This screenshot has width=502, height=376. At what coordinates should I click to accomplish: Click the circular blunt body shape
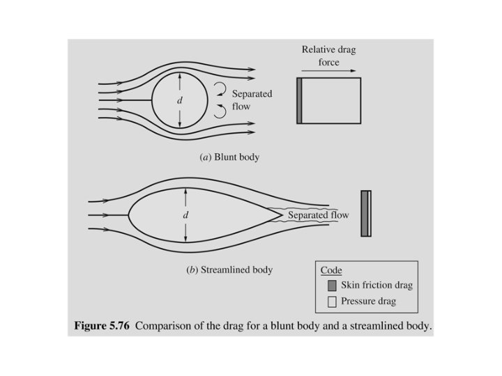click(179, 101)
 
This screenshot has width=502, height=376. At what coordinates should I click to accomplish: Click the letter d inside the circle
click(180, 101)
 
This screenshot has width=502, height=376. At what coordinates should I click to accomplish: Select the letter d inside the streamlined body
click(185, 215)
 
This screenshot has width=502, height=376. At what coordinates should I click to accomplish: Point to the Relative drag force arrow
click(328, 70)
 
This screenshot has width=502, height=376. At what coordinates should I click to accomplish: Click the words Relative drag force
click(328, 56)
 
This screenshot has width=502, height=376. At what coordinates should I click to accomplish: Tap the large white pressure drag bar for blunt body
click(332, 101)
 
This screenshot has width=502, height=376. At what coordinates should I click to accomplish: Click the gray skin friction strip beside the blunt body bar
click(299, 101)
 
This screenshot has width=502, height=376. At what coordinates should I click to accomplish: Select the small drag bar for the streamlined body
click(366, 213)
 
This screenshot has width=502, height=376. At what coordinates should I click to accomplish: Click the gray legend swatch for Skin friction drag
click(332, 285)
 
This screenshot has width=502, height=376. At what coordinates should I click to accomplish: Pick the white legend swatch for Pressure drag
click(332, 301)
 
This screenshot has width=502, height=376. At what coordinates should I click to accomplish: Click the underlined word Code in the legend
click(331, 270)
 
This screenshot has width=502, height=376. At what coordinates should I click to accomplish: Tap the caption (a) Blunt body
click(229, 157)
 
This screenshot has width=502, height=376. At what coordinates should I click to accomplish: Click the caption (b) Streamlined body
click(229, 270)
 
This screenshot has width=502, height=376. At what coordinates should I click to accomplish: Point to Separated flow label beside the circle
click(252, 100)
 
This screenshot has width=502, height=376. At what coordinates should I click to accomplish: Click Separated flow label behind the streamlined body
click(319, 215)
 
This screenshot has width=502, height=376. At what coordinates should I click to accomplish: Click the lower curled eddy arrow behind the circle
click(220, 111)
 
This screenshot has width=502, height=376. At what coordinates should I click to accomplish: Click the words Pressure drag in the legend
click(368, 301)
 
